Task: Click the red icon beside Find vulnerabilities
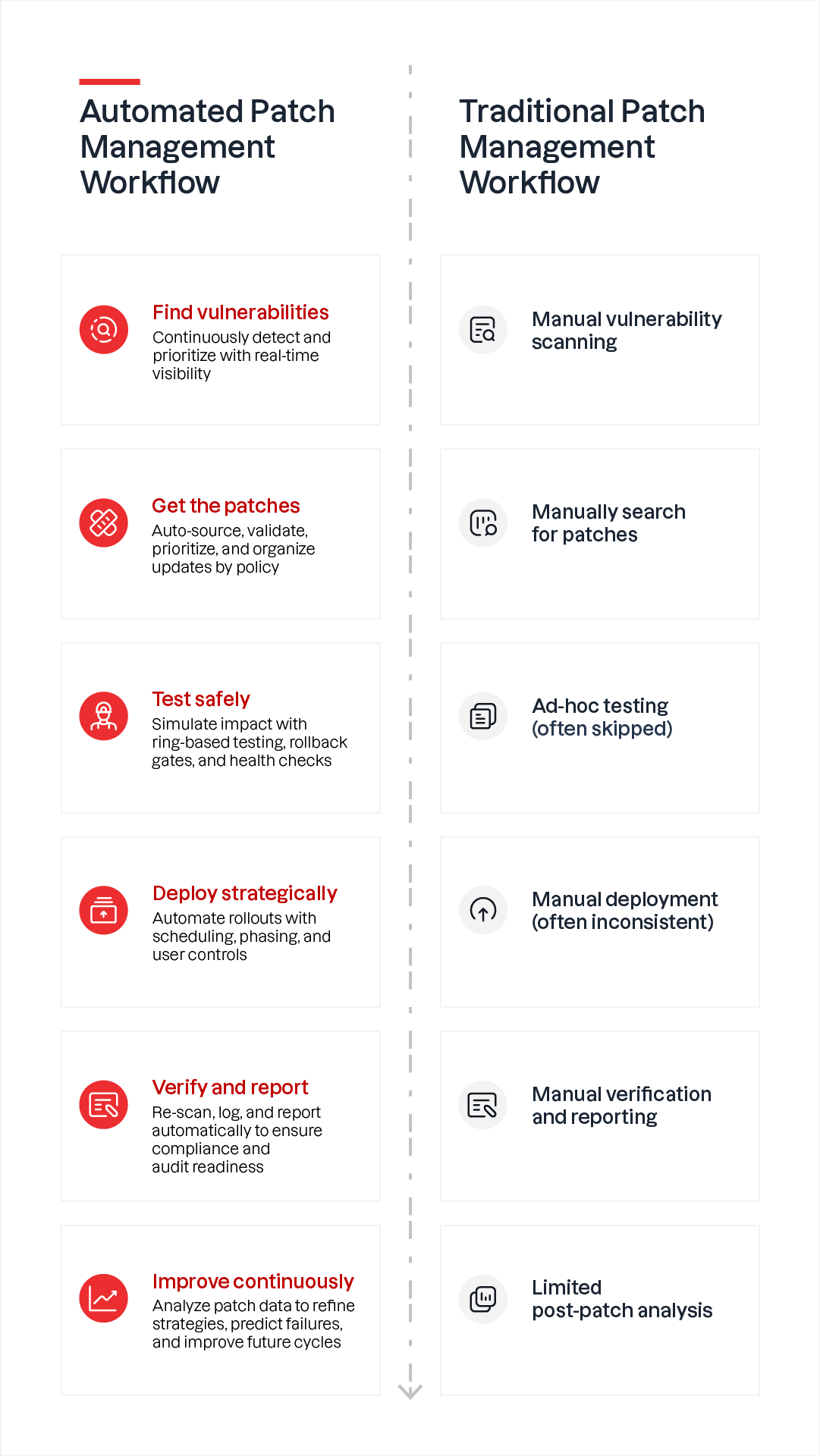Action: (104, 329)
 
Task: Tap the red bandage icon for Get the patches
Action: (104, 522)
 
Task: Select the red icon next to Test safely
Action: (104, 716)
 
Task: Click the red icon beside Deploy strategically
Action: (104, 910)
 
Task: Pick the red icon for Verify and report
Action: (104, 1104)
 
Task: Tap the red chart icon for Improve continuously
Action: (104, 1298)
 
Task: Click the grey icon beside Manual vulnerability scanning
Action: (483, 329)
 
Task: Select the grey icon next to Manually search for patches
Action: (483, 522)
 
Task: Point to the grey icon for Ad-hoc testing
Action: (483, 716)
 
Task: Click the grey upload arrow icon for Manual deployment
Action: (483, 910)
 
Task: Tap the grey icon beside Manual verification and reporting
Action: (483, 1105)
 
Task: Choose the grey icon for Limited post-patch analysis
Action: (483, 1299)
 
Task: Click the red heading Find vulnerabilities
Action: (240, 312)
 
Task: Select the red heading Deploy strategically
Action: (245, 893)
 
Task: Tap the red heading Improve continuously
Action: (253, 1282)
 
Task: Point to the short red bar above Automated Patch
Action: (110, 81)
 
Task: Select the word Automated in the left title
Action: (161, 111)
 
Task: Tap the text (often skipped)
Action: (602, 729)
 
